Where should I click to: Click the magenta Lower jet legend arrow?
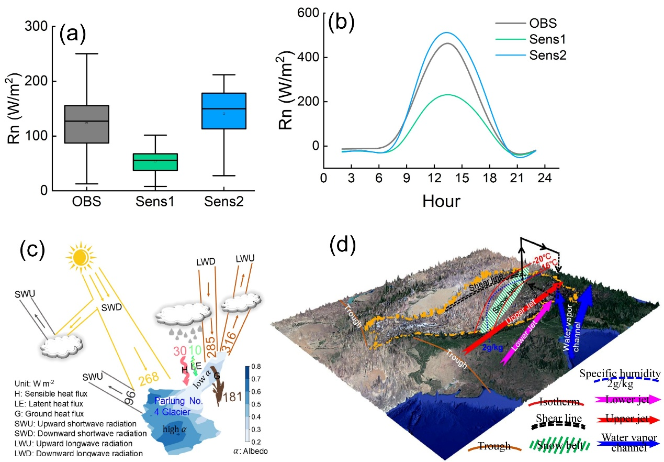pyautogui.click(x=627, y=400)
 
